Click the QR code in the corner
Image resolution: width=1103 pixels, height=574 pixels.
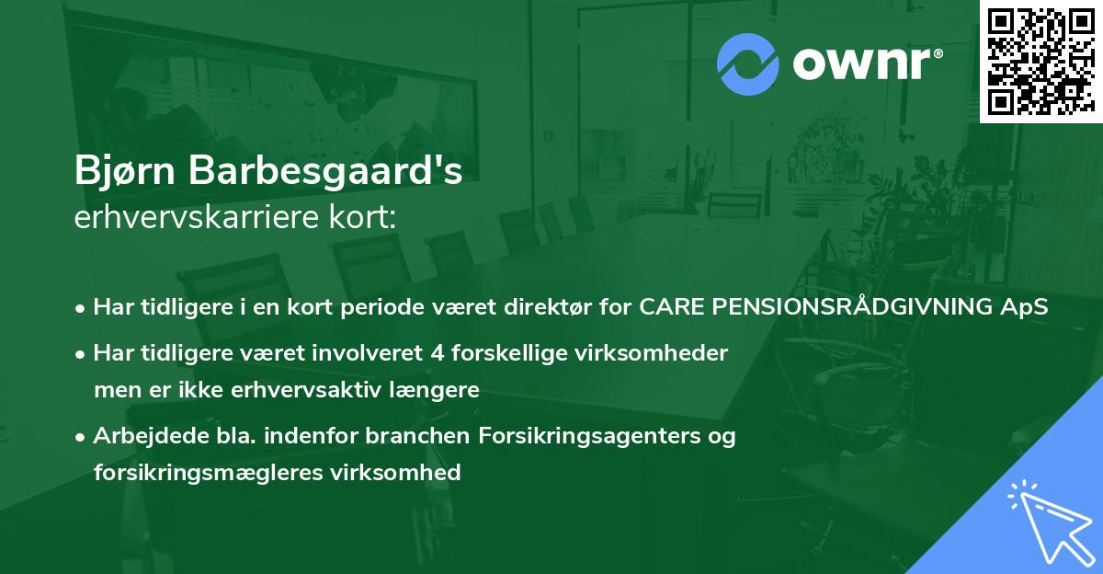tap(1040, 62)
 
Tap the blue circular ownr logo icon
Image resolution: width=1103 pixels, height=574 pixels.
tap(748, 63)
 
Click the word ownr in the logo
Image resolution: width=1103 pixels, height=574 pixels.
tap(867, 64)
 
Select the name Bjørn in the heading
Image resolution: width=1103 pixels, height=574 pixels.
tap(126, 171)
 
